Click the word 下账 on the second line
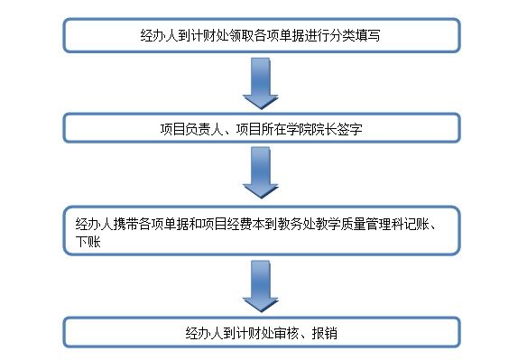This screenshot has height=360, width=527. click(86, 242)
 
